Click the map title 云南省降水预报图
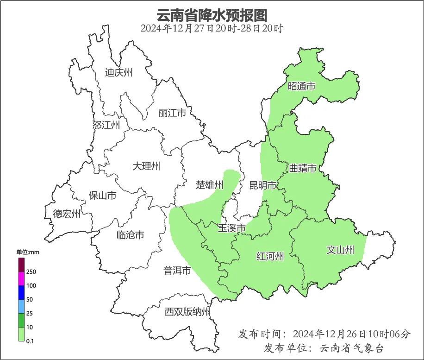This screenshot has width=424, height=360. [212, 15]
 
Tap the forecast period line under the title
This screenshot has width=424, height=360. [212, 28]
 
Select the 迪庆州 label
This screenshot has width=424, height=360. [118, 72]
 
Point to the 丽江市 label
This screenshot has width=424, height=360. [172, 113]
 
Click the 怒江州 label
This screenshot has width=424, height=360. [106, 125]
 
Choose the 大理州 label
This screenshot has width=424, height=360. [146, 166]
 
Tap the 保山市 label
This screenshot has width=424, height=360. [102, 196]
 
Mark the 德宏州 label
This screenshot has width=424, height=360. [67, 214]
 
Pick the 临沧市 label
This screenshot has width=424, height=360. [130, 235]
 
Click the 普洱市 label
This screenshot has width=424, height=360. [177, 271]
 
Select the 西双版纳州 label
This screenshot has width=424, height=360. [187, 312]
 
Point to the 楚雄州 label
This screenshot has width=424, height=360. [209, 185]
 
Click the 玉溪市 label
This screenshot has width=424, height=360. [231, 228]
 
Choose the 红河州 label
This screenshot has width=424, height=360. [270, 256]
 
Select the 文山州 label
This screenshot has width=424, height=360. [340, 250]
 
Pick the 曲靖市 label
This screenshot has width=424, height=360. [303, 168]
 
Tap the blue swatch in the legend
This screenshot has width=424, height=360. [21, 292]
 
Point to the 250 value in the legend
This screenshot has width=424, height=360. [31, 272]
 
